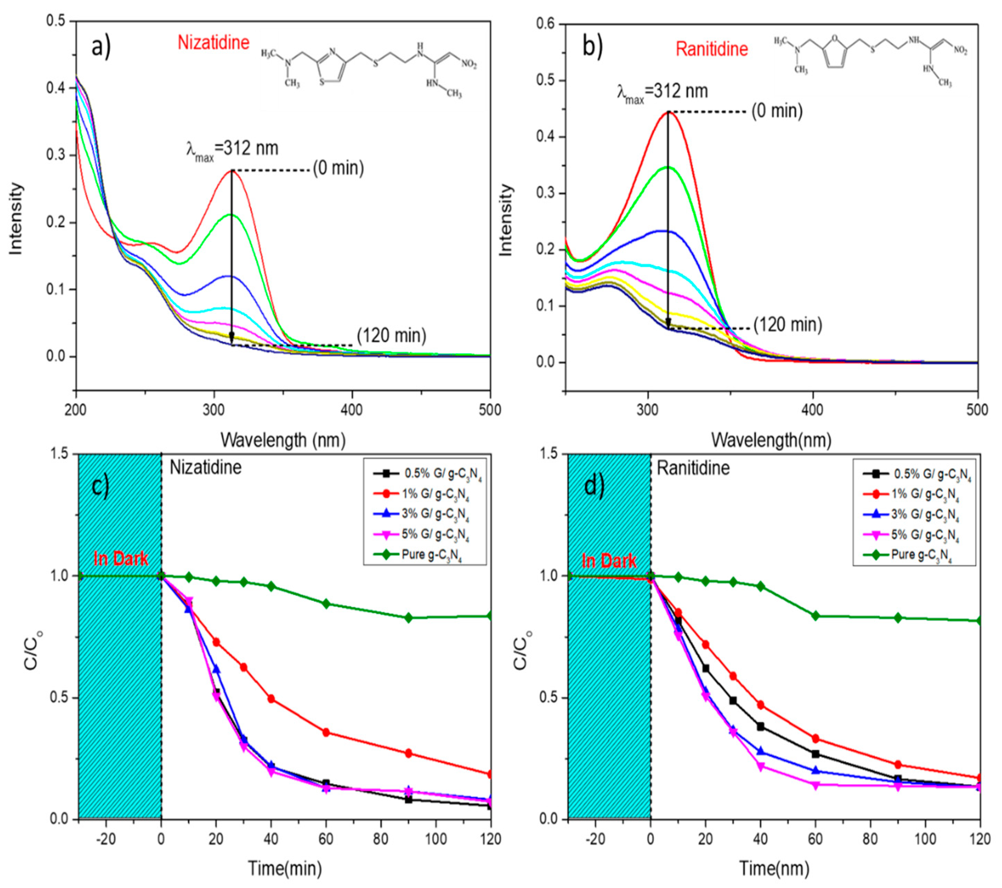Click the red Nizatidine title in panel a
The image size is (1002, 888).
[213, 43]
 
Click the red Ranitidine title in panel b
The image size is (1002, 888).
[712, 49]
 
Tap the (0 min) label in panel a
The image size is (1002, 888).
[338, 169]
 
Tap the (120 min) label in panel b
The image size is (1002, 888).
[787, 325]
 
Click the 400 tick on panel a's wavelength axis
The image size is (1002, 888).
[352, 409]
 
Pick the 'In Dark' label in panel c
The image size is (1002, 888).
[121, 558]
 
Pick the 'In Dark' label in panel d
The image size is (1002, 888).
[609, 561]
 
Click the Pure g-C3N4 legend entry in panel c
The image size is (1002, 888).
[431, 555]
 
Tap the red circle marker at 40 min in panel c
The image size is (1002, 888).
[271, 699]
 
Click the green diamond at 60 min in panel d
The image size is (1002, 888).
[816, 616]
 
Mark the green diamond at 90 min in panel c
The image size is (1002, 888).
[409, 618]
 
